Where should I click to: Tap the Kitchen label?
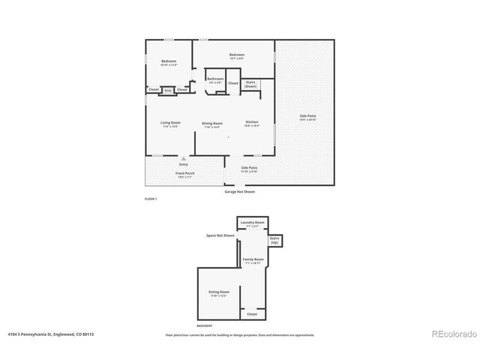tap(252, 123)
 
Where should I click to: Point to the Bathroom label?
tap(215, 79)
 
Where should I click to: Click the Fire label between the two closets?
tap(168, 91)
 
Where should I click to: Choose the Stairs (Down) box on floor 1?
tap(250, 85)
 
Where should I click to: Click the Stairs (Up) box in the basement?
tap(274, 241)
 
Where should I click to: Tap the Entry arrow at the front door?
tap(184, 160)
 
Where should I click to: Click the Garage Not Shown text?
tap(240, 191)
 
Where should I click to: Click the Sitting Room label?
tap(217, 293)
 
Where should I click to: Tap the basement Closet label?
tap(252, 314)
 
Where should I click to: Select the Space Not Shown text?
tap(220, 235)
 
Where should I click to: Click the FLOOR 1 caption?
tap(151, 199)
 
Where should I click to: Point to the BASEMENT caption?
tap(204, 326)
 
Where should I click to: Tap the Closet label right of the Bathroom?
tap(233, 83)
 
